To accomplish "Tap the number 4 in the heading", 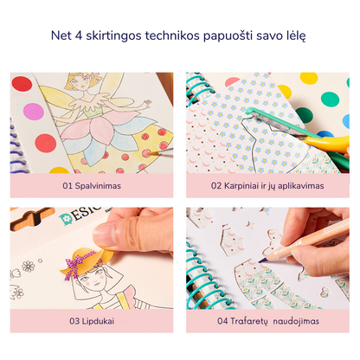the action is click(79, 35).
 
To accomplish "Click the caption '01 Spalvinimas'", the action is click(92, 185).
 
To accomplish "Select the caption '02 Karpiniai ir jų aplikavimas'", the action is click(267, 185).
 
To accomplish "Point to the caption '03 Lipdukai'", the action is click(92, 321).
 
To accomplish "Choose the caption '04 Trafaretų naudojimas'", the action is click(268, 321).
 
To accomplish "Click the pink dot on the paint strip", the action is click(34, 112).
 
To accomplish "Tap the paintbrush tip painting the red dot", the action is click(152, 153).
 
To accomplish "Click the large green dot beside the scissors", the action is click(330, 99).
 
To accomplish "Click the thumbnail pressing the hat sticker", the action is click(106, 235).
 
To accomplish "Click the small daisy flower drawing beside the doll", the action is click(29, 266).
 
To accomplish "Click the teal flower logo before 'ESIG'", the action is click(65, 219).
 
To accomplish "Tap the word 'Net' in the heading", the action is click(61, 35).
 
